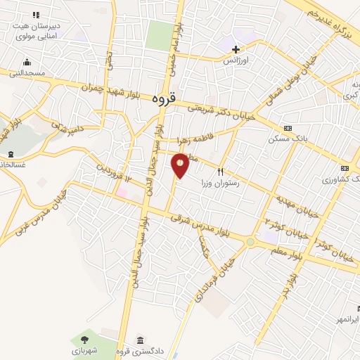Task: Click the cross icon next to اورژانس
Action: click(236, 49)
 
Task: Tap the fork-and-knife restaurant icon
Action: click(220, 171)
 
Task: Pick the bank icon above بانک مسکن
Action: click(287, 128)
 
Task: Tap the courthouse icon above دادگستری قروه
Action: click(139, 340)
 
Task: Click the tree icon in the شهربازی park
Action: click(94, 339)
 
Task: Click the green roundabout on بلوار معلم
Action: click(250, 242)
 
